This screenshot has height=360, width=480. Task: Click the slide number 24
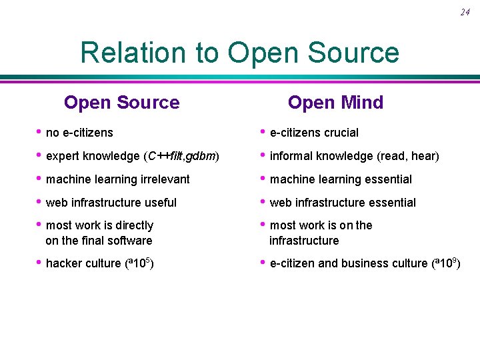click(x=465, y=13)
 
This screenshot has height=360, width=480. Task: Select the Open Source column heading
click(x=121, y=103)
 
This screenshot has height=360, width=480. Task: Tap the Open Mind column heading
click(x=335, y=103)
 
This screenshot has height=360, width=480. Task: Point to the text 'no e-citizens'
click(x=79, y=133)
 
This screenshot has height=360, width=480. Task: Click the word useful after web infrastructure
click(x=161, y=203)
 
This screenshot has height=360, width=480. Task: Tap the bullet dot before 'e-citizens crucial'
click(x=263, y=131)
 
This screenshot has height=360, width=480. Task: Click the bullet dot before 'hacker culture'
click(x=39, y=262)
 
